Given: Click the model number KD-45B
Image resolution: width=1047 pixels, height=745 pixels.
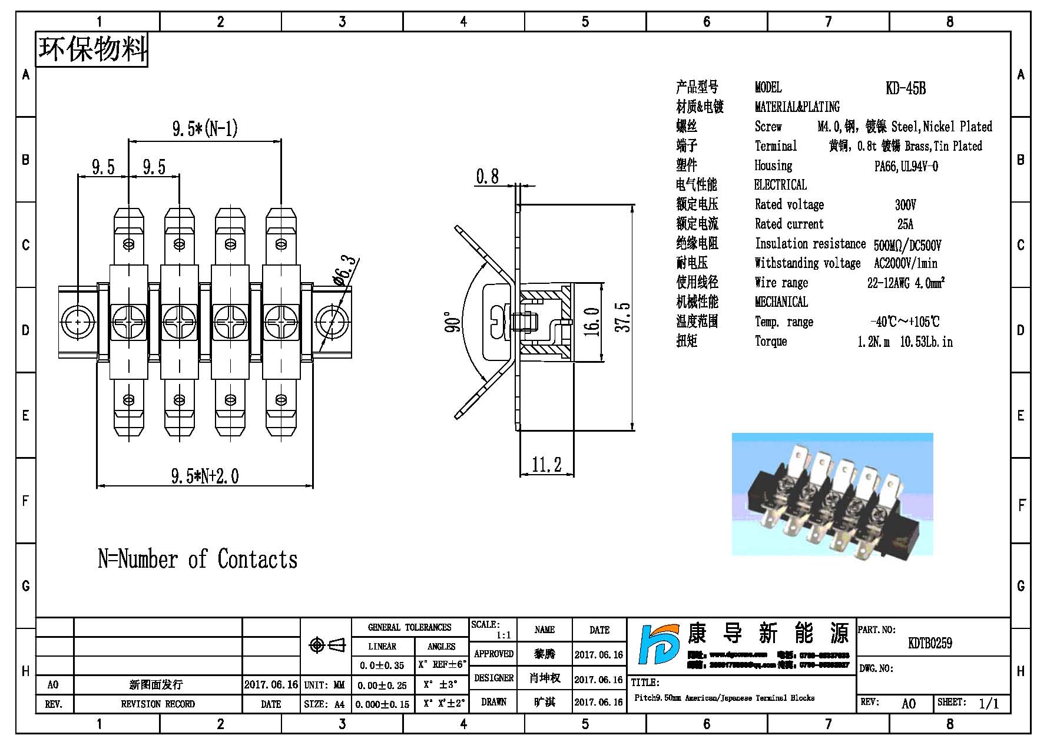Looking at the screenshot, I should click(x=905, y=88).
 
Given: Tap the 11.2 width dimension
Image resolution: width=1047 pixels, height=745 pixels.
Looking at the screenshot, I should click(x=546, y=465).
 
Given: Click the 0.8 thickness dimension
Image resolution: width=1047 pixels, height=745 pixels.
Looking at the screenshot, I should click(x=487, y=176).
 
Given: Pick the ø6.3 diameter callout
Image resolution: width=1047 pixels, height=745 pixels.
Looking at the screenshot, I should click(x=346, y=270).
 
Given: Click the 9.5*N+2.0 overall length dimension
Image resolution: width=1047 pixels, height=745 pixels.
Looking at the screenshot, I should click(x=204, y=476).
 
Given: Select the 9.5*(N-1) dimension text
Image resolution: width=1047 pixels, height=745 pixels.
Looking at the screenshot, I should click(x=204, y=128).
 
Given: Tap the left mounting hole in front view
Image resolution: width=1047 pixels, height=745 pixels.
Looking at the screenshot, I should click(x=77, y=322).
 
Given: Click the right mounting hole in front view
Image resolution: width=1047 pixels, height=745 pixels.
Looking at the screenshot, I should click(x=332, y=322).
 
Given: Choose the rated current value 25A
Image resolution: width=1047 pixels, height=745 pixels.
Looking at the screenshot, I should click(x=905, y=224).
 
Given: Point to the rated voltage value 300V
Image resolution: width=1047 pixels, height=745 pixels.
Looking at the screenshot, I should click(x=905, y=205).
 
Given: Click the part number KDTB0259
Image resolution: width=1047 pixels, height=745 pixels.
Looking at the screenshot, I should click(x=930, y=643).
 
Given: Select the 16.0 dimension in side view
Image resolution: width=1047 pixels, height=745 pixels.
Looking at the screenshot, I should click(x=592, y=322).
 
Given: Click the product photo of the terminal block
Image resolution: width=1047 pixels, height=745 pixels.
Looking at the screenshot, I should click(x=832, y=495).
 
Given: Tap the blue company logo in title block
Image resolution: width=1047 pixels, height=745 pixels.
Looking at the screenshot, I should click(x=660, y=645).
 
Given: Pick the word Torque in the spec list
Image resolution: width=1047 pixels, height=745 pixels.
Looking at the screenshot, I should click(x=771, y=342).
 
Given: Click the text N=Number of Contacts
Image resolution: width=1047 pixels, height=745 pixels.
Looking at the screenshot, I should click(x=197, y=559).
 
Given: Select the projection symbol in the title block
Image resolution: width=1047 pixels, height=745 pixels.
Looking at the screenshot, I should click(x=327, y=645).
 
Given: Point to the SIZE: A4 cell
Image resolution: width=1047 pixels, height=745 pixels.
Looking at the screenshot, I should click(x=324, y=704).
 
